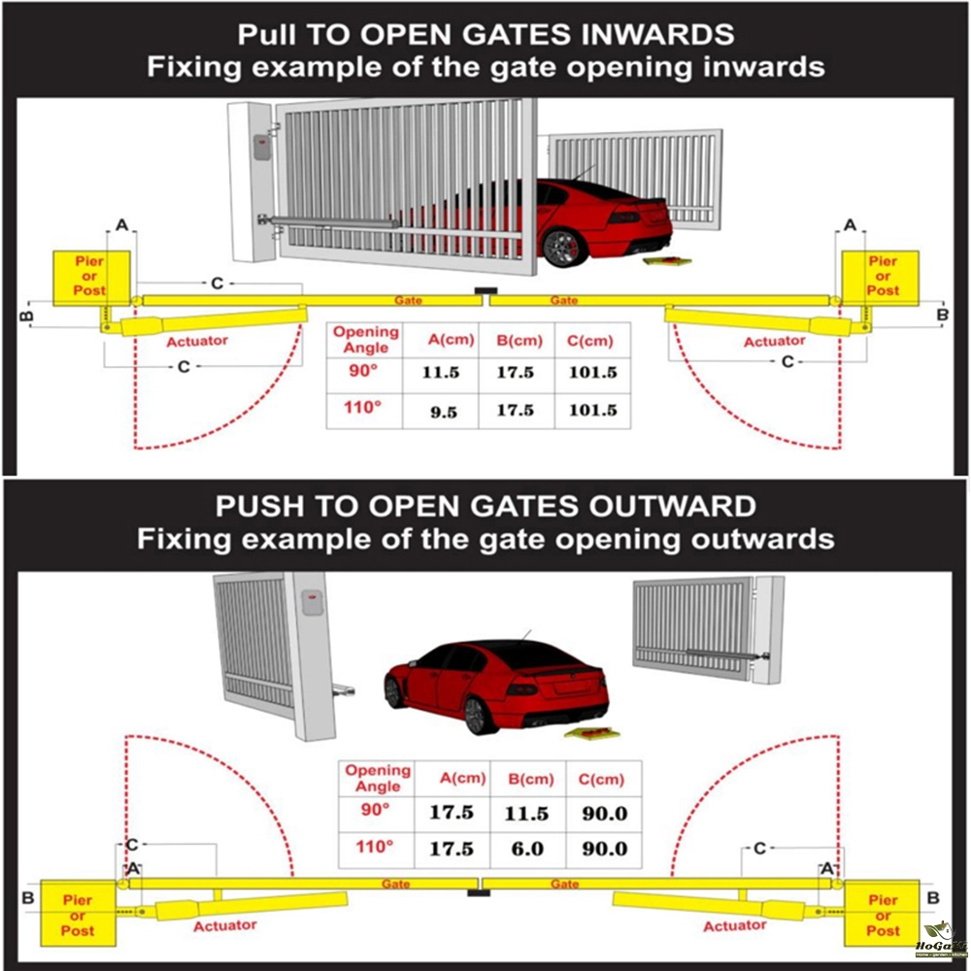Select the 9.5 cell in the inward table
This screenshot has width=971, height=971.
(444, 411)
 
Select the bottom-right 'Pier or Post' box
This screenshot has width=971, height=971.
(883, 916)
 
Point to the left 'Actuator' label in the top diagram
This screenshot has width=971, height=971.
(197, 341)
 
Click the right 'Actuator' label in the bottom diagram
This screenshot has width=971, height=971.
(735, 926)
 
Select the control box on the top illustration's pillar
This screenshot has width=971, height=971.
(260, 148)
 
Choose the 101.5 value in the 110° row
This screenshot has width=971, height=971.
(592, 411)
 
